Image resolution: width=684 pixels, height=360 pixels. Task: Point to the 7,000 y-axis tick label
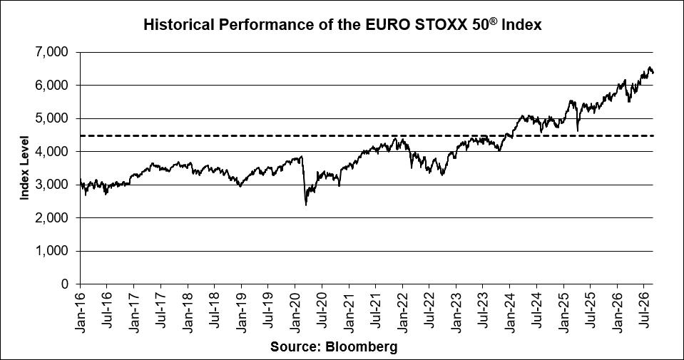point(51,52)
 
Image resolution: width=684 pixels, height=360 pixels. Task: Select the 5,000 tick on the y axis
point(51,118)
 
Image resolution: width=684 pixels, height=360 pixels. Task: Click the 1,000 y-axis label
point(51,251)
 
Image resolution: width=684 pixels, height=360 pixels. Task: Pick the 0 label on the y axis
point(65,284)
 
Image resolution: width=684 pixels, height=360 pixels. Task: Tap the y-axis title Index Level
point(24,168)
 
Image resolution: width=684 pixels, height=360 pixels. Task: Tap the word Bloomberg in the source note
point(362,347)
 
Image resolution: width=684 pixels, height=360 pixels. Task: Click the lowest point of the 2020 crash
point(306,205)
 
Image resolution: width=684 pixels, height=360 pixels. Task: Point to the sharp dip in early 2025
point(578,130)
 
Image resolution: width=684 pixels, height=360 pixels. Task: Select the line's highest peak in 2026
point(650,67)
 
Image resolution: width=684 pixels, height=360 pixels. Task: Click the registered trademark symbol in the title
point(494,21)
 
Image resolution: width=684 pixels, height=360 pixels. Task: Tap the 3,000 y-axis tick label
point(51,185)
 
